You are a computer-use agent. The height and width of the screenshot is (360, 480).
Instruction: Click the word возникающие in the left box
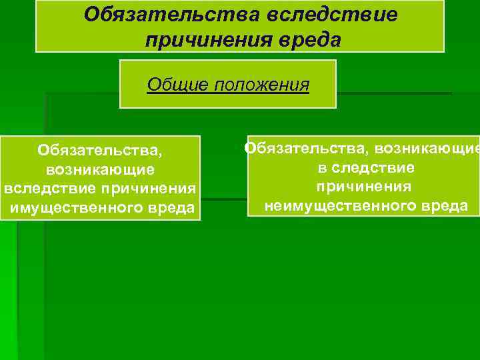pyautogui.click(x=101, y=170)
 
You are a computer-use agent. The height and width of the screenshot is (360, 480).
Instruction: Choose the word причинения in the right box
pyautogui.click(x=363, y=186)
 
